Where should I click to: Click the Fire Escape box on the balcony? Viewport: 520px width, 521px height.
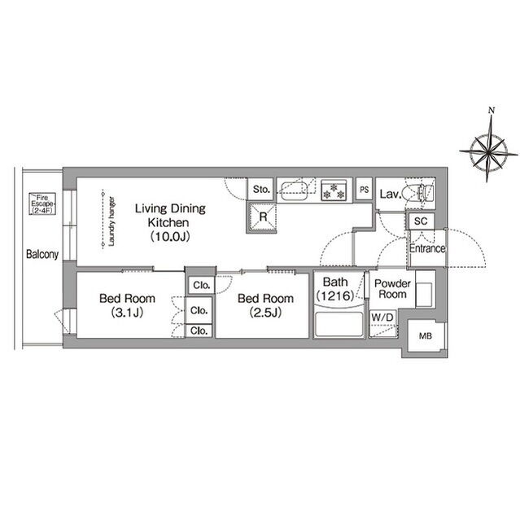click(x=42, y=204)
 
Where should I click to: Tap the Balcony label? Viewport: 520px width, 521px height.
click(x=42, y=255)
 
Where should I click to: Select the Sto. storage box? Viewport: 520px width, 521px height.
click(x=261, y=190)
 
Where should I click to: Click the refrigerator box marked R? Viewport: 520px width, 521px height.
click(x=262, y=217)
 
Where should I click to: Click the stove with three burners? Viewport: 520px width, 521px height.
click(x=334, y=190)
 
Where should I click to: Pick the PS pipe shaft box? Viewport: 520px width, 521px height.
click(x=364, y=190)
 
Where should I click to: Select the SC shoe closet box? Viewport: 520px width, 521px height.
click(x=421, y=221)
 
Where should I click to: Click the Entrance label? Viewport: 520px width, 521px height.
click(x=427, y=248)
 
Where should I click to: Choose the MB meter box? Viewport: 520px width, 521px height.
click(x=426, y=336)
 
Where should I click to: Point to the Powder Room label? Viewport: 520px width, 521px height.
click(x=392, y=289)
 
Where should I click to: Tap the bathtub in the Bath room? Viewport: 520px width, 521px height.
click(x=339, y=324)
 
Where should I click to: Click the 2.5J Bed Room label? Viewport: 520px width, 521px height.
click(x=265, y=305)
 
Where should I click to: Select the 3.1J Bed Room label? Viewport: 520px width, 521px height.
click(x=127, y=305)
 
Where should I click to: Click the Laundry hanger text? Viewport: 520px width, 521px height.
click(x=111, y=221)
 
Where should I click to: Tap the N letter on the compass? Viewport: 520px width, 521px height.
click(x=492, y=111)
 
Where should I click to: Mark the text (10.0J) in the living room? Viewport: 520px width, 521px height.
click(x=170, y=237)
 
